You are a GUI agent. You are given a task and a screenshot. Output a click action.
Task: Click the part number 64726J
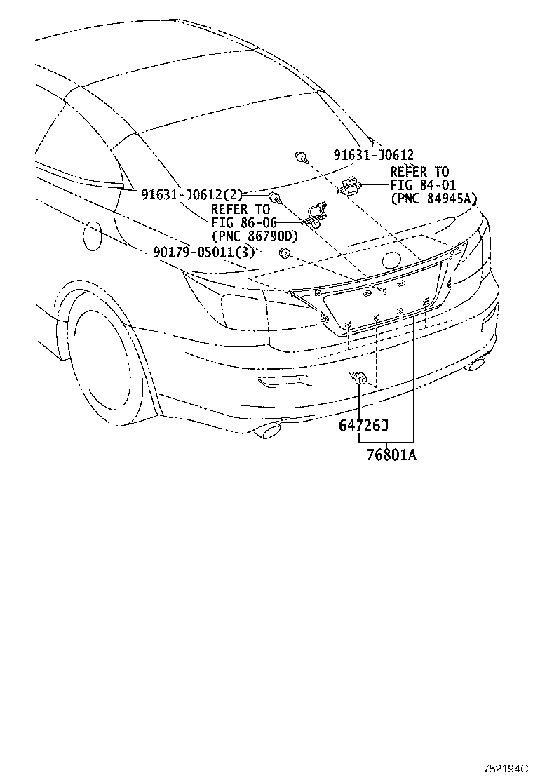363,425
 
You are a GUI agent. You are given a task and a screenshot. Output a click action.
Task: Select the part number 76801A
392,455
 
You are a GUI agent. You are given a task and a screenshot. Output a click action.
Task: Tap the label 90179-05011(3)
204,253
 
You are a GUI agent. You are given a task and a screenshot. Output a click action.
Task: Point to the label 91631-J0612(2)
191,194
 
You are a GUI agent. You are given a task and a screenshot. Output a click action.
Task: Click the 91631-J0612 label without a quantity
373,155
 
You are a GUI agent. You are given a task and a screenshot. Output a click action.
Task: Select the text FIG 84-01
423,186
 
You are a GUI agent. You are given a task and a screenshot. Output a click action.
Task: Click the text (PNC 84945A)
433,199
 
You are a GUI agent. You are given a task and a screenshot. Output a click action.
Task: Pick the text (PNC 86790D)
255,235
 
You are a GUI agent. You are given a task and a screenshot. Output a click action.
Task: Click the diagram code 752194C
505,769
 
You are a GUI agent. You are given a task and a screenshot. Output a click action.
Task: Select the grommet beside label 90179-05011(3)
285,253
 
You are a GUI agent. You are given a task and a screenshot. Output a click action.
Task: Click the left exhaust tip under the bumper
270,431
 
